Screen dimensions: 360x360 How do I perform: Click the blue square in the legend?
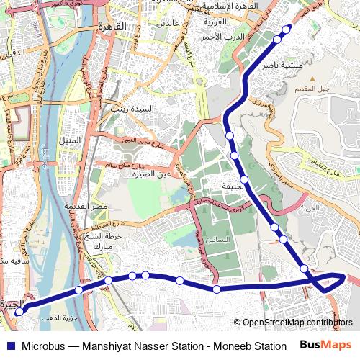(10, 346)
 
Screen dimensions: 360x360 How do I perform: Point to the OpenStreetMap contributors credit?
(297, 323)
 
